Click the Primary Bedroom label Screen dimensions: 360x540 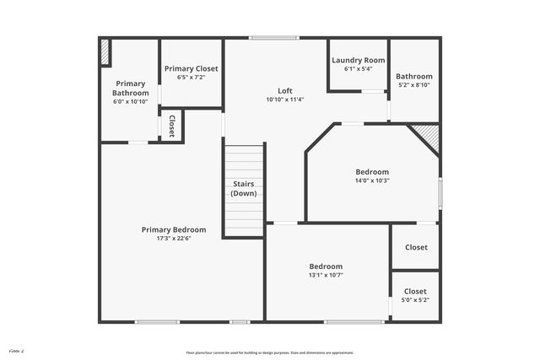click(174, 229)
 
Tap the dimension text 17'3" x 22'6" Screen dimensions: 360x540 click(174, 239)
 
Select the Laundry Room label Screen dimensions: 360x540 click(358, 60)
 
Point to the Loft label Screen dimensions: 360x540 click(285, 91)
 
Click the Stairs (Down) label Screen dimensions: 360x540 click(244, 188)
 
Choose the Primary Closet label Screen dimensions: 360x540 click(192, 68)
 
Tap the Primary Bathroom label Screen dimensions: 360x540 click(130, 88)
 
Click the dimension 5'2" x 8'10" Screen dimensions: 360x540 click(414, 85)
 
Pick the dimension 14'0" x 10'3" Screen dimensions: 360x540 click(372, 180)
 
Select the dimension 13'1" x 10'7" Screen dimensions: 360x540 click(326, 275)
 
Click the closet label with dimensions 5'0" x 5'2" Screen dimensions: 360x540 click(415, 291)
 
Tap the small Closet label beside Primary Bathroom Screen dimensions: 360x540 click(171, 126)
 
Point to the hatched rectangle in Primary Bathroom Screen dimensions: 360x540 click(105, 51)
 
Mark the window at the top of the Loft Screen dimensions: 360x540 click(273, 37)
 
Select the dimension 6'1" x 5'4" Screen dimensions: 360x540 click(358, 69)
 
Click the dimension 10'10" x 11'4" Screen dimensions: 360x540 click(285, 99)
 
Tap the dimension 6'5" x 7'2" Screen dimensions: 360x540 click(192, 78)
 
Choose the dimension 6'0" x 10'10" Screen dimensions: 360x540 click(130, 101)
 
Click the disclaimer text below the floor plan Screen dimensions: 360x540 click(270, 352)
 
